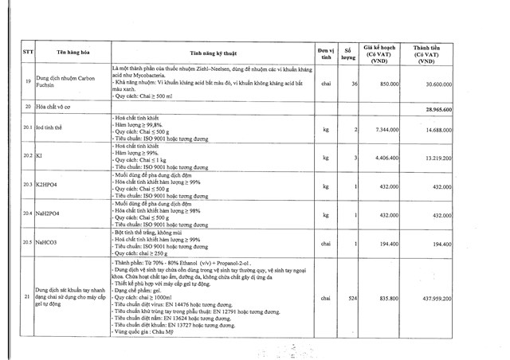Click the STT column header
point(29,53)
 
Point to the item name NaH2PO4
point(51,214)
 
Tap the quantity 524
point(353,297)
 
